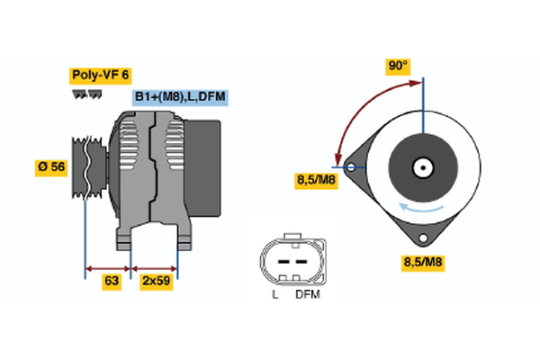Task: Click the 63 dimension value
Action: [x=111, y=282]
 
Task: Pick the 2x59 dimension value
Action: [x=155, y=282]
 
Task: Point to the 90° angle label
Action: [x=398, y=66]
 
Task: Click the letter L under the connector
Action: [x=274, y=294]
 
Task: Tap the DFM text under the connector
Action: [x=307, y=294]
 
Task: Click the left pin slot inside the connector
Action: [x=280, y=261]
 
